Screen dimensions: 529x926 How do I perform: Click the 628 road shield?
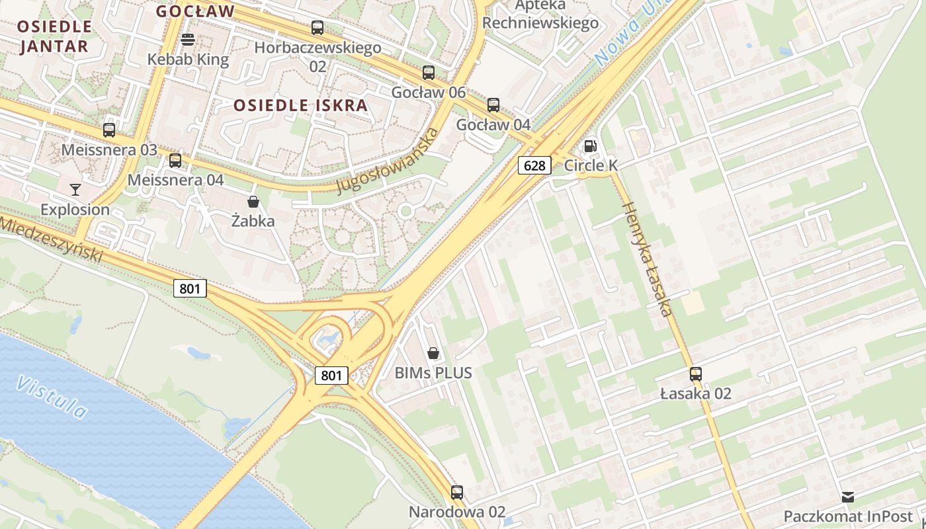[x=534, y=165]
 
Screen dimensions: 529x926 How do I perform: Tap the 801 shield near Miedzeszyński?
[x=190, y=288]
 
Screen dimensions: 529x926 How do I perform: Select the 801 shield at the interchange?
[x=331, y=376]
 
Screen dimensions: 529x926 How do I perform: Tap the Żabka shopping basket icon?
[x=253, y=201]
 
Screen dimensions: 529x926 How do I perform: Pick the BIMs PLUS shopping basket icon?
[x=433, y=353]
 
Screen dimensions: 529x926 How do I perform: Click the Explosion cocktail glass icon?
[x=75, y=190]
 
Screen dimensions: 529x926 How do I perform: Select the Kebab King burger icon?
[x=188, y=40]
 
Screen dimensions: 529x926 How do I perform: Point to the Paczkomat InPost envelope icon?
[x=847, y=497]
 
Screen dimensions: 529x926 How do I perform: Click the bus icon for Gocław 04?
[x=493, y=104]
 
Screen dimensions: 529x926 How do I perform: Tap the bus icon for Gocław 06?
[x=429, y=73]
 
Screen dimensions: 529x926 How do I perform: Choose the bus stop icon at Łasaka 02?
[x=696, y=374]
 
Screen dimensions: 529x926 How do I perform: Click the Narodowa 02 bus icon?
[x=457, y=492]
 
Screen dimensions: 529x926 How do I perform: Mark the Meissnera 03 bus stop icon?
[x=109, y=130]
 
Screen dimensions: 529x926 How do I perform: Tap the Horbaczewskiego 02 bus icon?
[x=317, y=28]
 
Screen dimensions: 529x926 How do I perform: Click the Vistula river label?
[x=52, y=397]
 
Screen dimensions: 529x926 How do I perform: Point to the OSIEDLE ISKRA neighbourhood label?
[x=300, y=105]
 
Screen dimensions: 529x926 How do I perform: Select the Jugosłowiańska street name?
[x=388, y=161]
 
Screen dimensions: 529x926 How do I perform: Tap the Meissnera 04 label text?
[x=175, y=180]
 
